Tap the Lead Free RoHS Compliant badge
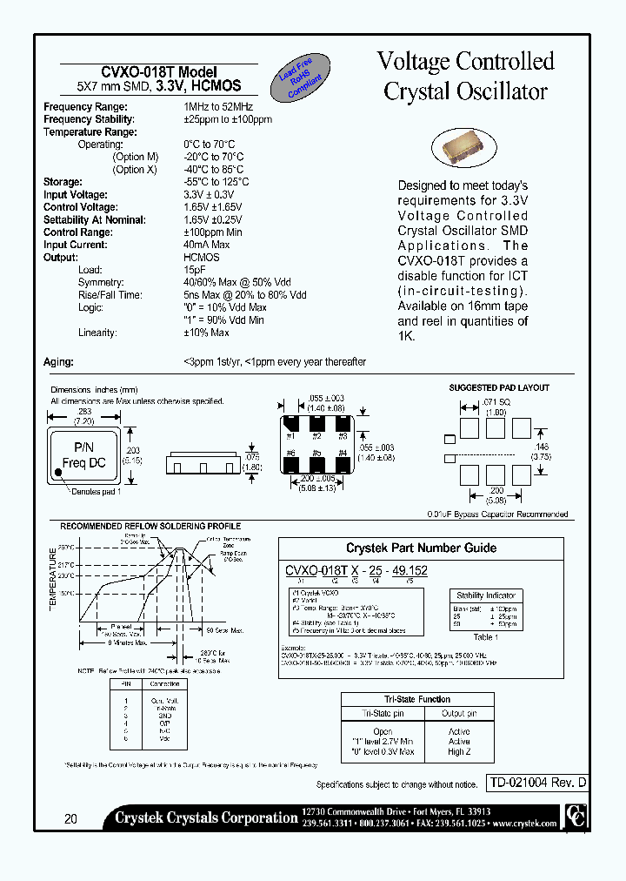click(298, 78)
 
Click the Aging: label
click(59, 362)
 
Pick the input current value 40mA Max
click(206, 245)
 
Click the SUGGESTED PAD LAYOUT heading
click(498, 387)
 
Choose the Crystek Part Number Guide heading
click(421, 548)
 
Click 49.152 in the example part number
click(408, 571)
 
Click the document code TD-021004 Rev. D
click(536, 783)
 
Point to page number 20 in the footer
click(70, 818)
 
